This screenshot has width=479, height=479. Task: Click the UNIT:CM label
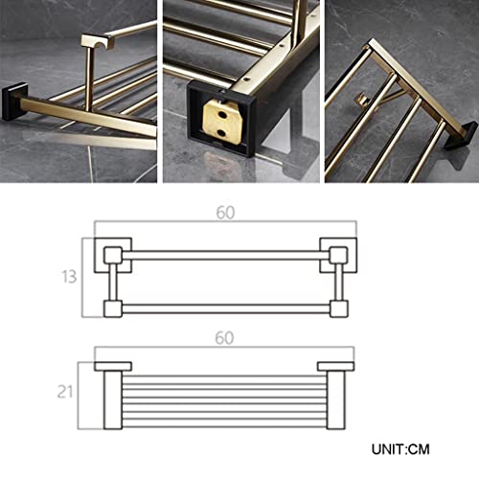point(400,449)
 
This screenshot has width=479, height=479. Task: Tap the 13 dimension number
point(69,277)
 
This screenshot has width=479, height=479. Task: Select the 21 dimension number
point(65,391)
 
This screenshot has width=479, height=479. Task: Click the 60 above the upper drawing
point(225,213)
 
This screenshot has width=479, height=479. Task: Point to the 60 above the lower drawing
point(224,338)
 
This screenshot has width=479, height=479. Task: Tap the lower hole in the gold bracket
point(221,131)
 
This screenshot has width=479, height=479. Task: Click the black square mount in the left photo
point(14,101)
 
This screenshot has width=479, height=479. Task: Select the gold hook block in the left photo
point(96,41)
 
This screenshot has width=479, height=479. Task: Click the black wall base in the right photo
point(458,137)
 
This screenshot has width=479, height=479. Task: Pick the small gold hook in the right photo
point(363,100)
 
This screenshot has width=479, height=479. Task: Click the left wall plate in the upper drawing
point(113,255)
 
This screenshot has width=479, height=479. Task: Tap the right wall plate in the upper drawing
point(338,255)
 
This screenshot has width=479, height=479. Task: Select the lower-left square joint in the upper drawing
point(113,308)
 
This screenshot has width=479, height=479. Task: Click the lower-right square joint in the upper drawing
point(339,308)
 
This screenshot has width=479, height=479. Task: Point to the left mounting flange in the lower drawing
point(113,366)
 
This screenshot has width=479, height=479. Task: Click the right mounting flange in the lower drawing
point(335,366)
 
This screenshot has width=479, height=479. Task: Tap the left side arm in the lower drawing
point(113,400)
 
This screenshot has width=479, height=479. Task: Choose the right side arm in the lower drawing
point(336,400)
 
